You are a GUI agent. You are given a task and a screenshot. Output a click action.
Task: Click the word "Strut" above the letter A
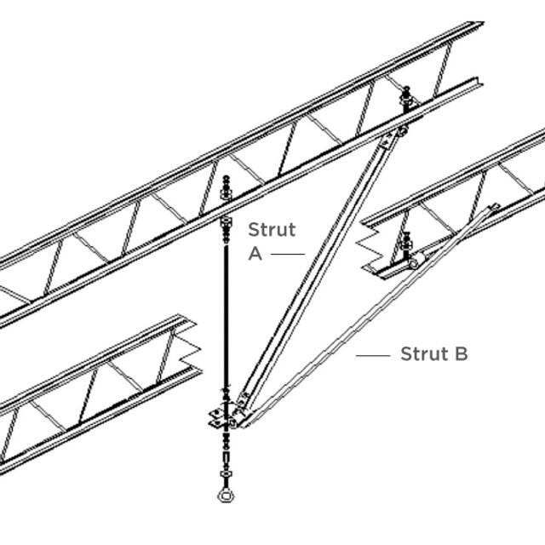(272, 229)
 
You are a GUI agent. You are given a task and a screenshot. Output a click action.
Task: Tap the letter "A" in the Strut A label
(255, 253)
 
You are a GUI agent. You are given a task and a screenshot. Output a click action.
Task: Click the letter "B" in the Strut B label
(460, 354)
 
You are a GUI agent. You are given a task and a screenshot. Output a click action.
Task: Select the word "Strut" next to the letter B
(422, 354)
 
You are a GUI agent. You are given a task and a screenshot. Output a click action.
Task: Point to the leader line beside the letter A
(289, 254)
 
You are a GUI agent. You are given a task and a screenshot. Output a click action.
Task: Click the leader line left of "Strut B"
(373, 355)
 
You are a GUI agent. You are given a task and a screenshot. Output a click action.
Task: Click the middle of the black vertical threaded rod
(227, 315)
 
